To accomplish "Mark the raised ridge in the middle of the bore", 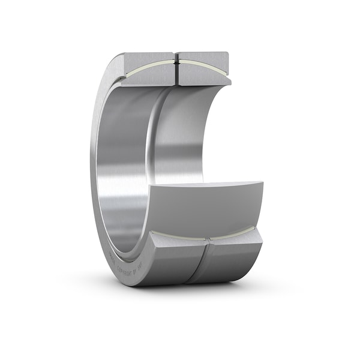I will pyautogui.click(x=148, y=138).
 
